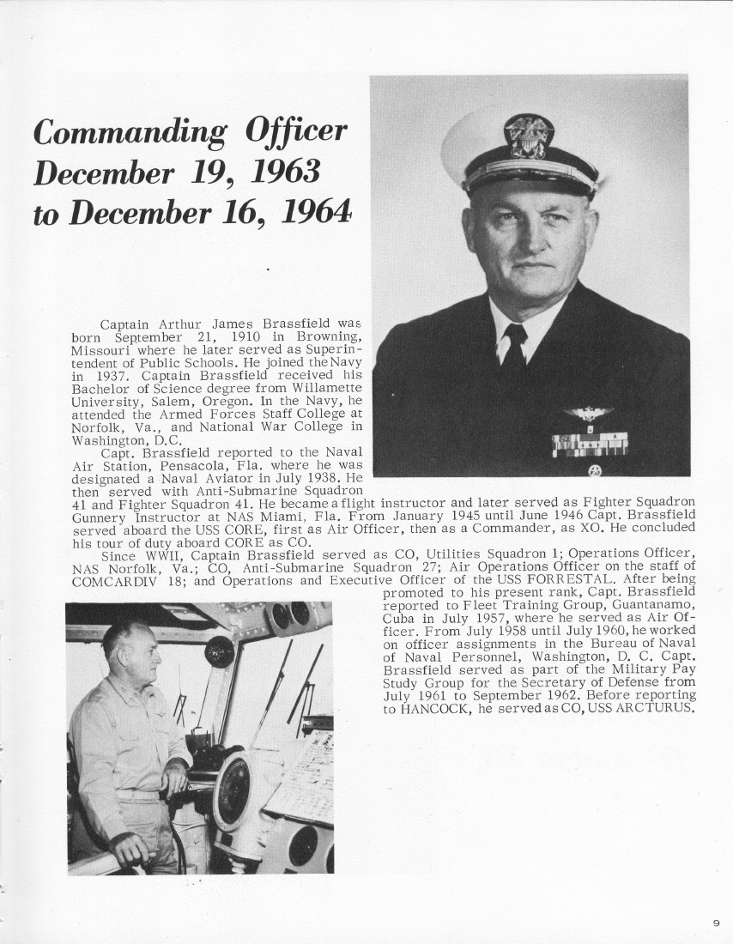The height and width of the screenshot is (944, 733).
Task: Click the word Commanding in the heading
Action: pos(130,134)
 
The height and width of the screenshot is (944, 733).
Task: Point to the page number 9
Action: pos(716,923)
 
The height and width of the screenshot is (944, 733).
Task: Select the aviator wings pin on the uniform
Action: pos(588,414)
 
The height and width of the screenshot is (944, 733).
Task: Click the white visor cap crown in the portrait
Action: pos(481,137)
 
